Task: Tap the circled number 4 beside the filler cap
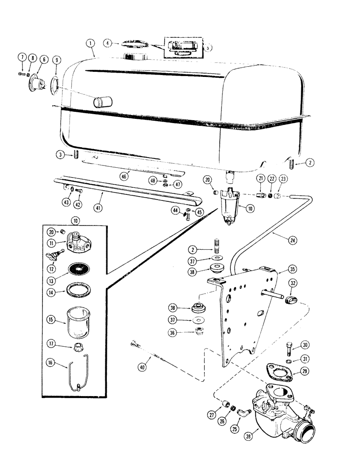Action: point(108,43)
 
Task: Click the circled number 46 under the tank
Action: point(124,176)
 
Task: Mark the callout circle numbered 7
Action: point(21,57)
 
